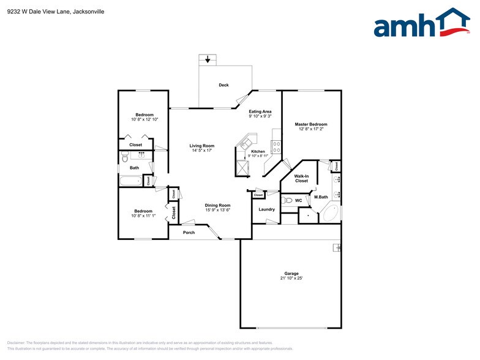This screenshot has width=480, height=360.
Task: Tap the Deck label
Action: coord(223,85)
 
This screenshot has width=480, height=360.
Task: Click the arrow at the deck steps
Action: coord(208,59)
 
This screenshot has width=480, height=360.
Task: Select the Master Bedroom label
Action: coord(311,124)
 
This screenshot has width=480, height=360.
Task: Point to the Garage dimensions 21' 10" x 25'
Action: coord(291,278)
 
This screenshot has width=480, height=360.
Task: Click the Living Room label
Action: coord(201,146)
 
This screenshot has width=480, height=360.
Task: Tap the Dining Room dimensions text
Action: coord(217,210)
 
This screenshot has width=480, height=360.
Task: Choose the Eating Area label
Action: coord(260,111)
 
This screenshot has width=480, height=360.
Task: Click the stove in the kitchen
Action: coord(276,147)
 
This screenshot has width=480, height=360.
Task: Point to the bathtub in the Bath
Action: coord(130,181)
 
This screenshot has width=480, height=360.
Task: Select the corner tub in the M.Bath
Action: coord(330,212)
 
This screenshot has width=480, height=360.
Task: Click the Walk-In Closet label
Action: coord(301,178)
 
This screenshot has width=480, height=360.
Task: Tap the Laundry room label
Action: coord(266,209)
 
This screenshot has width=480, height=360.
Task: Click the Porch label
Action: coord(189,233)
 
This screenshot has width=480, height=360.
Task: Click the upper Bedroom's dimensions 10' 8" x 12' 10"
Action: coord(144,119)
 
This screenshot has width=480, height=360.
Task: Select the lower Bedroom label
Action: coord(144,211)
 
